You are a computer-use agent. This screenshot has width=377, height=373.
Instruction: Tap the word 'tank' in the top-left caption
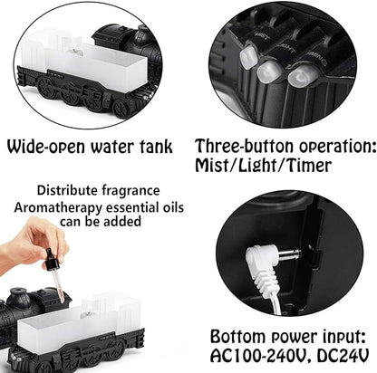click(x=164, y=148)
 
